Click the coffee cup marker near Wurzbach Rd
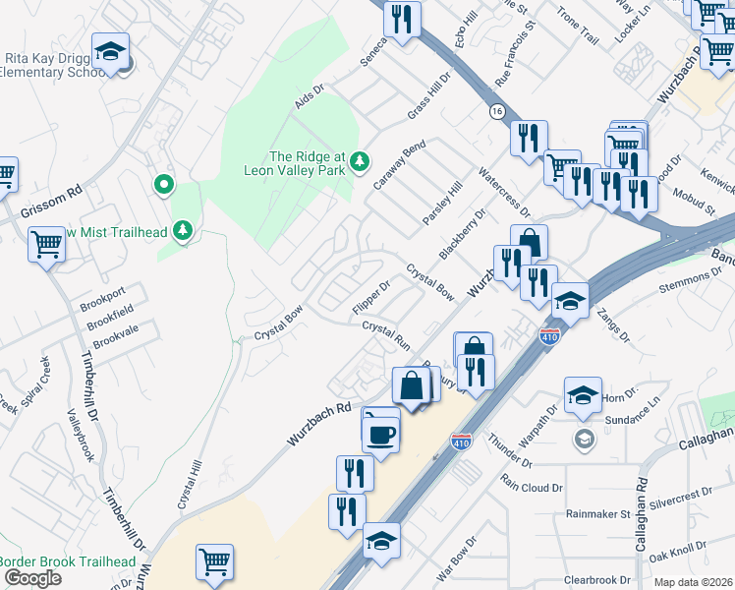tap(380, 432)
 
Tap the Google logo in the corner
tap(32, 578)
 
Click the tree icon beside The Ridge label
tap(361, 159)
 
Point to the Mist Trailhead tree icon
tap(182, 230)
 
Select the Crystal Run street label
tap(386, 333)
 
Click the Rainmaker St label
tap(597, 514)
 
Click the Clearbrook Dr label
tap(597, 580)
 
